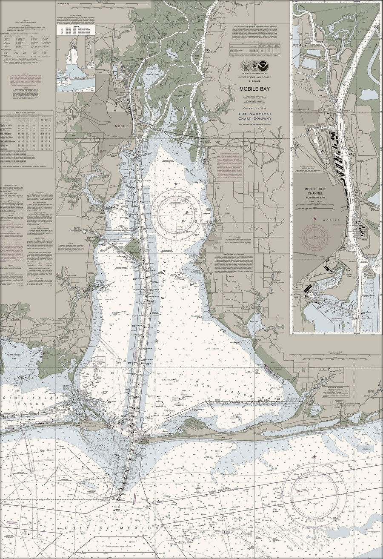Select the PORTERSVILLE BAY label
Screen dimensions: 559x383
(x=11, y=356)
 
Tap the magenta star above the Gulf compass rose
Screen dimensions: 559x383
(x=314, y=457)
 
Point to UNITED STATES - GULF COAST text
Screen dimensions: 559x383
(x=256, y=77)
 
